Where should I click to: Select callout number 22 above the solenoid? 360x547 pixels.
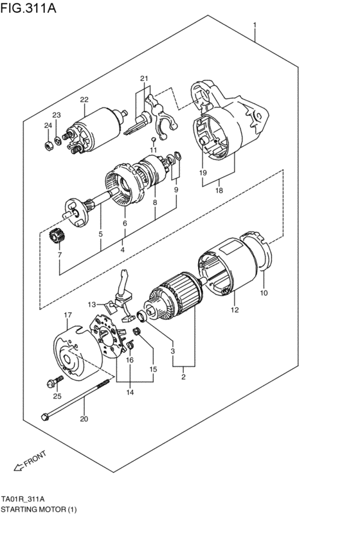click(84, 100)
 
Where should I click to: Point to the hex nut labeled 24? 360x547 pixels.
click(49, 145)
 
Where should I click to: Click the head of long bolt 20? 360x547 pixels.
click(45, 417)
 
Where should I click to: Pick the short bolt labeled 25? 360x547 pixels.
click(52, 384)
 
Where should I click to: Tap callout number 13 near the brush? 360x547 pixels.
click(93, 304)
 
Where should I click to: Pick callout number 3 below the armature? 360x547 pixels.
click(172, 351)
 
